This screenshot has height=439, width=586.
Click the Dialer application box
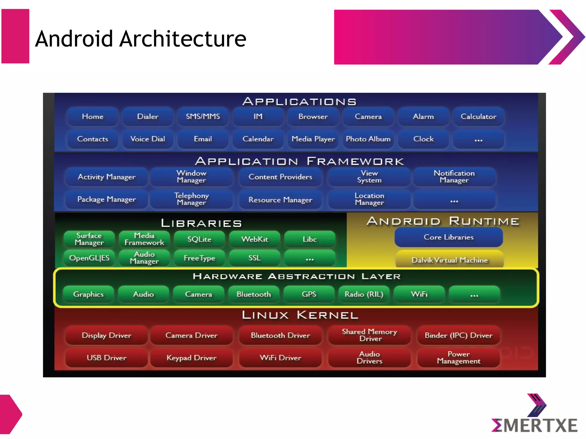click(x=148, y=117)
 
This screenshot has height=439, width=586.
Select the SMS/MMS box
click(x=203, y=117)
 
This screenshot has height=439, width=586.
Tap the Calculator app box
click(x=478, y=117)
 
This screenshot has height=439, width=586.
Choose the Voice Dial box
click(x=148, y=139)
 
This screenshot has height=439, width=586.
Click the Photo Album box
click(x=368, y=139)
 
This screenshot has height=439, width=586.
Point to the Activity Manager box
click(x=106, y=177)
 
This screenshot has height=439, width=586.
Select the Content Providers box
click(x=280, y=177)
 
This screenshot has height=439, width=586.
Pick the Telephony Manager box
click(x=191, y=199)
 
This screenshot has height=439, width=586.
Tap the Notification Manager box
click(x=454, y=177)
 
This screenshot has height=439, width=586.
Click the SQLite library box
click(x=199, y=239)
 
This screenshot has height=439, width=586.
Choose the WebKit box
click(x=255, y=239)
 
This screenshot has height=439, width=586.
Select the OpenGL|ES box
click(x=89, y=258)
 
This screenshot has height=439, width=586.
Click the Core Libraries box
click(x=449, y=237)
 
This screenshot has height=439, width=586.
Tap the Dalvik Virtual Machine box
click(x=450, y=260)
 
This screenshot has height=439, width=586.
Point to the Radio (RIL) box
click(x=364, y=294)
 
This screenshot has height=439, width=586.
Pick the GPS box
click(x=309, y=294)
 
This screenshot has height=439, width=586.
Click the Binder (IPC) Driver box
click(x=458, y=335)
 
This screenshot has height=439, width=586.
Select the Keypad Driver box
click(x=191, y=358)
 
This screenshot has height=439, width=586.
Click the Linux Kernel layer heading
click(x=300, y=315)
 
